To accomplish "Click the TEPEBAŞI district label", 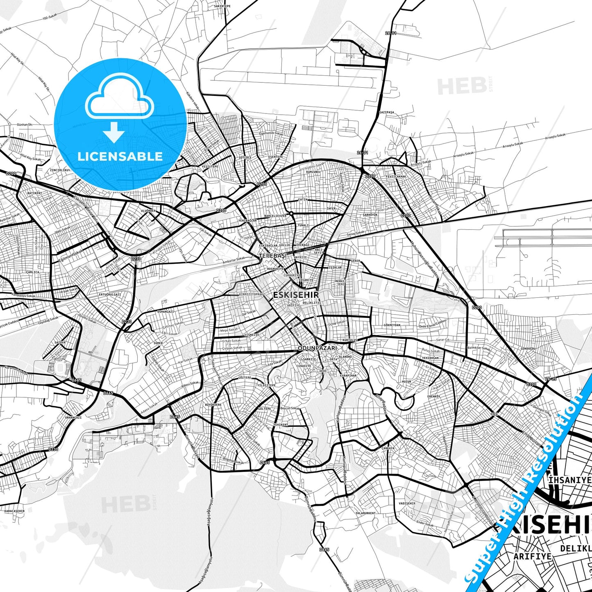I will point(272,256).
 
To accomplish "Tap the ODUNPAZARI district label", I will point(317,348).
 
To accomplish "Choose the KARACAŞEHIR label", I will point(14,511).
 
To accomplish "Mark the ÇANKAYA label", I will point(388,448).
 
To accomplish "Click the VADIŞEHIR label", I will point(407,503).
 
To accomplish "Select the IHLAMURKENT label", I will point(365,513).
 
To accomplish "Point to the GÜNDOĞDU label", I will point(528,348).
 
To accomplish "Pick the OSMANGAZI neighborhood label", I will point(166,312).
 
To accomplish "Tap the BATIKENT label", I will point(34,193).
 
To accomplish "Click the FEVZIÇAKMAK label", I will point(396,177).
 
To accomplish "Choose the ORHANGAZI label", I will point(73,417).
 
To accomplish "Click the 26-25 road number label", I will point(551,379).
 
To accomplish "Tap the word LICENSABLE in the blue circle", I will point(120,156).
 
